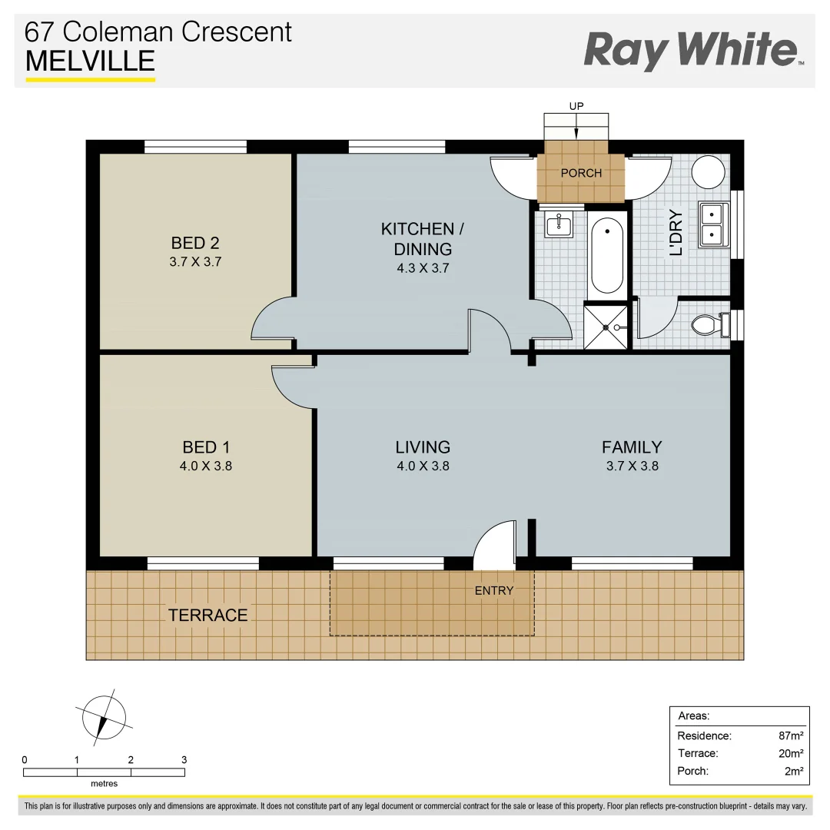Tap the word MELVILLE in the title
90,61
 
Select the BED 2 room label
195,243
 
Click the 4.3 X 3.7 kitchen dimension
422,269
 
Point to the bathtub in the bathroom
607,256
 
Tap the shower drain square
606,327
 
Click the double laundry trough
714,224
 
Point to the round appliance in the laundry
709,171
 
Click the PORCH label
581,173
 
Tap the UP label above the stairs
576,105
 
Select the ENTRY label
493,590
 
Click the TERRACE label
207,615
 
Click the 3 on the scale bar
184,759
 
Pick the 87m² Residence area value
791,735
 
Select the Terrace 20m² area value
791,753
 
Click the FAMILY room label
631,447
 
